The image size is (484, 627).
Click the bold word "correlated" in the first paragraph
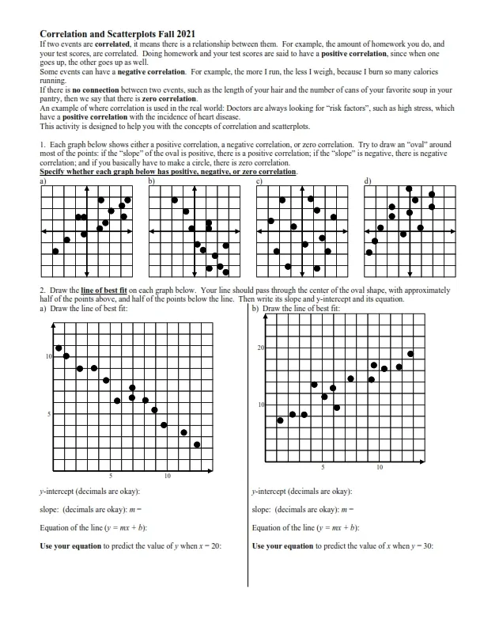(111, 45)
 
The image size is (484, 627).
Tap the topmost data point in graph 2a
(59, 348)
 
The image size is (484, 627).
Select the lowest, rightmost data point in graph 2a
(197, 444)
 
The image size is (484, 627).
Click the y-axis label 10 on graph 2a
(48, 358)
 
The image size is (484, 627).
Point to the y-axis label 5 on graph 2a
(50, 414)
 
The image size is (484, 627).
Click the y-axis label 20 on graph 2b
(260, 348)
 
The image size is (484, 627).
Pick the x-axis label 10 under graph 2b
(380, 467)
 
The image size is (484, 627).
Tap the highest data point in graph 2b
(410, 354)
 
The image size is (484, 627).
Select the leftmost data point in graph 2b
(280, 420)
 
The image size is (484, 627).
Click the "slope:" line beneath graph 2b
(263, 509)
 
